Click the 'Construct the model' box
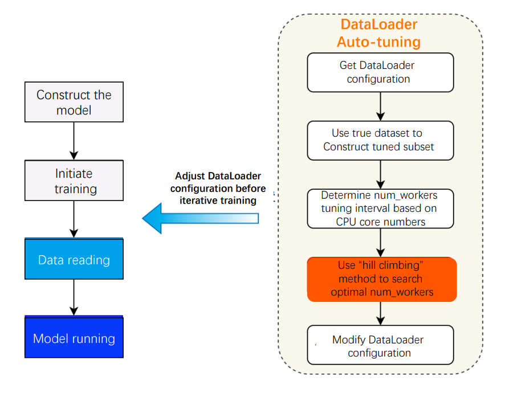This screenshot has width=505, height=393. point(74,101)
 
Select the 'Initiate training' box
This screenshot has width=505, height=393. point(74,181)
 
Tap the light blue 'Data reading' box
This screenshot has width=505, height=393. point(74,260)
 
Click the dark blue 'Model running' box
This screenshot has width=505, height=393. point(74,338)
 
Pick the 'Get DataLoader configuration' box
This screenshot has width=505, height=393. point(380,72)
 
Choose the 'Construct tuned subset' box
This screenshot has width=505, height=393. point(380,140)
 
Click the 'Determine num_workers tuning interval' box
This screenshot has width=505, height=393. point(380,208)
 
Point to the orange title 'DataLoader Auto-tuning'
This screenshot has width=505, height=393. point(378,33)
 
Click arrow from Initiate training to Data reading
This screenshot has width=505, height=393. point(74,219)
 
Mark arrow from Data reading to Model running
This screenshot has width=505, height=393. point(74,298)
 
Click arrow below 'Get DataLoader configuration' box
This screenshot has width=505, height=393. point(380,106)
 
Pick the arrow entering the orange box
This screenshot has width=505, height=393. point(380,243)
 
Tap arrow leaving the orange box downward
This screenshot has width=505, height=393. point(380,313)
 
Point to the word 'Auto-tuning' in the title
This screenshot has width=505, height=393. point(378,42)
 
